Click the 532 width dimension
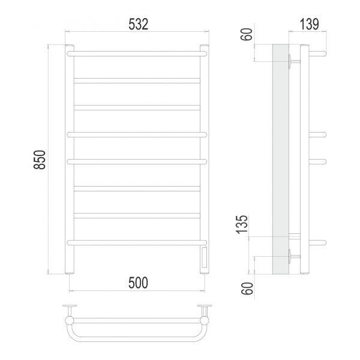tap(138, 24)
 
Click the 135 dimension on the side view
tap(243, 225)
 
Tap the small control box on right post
tap(205, 258)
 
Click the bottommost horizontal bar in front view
tap(137, 242)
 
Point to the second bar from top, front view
tap(137, 79)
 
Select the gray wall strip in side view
tap(280, 159)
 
